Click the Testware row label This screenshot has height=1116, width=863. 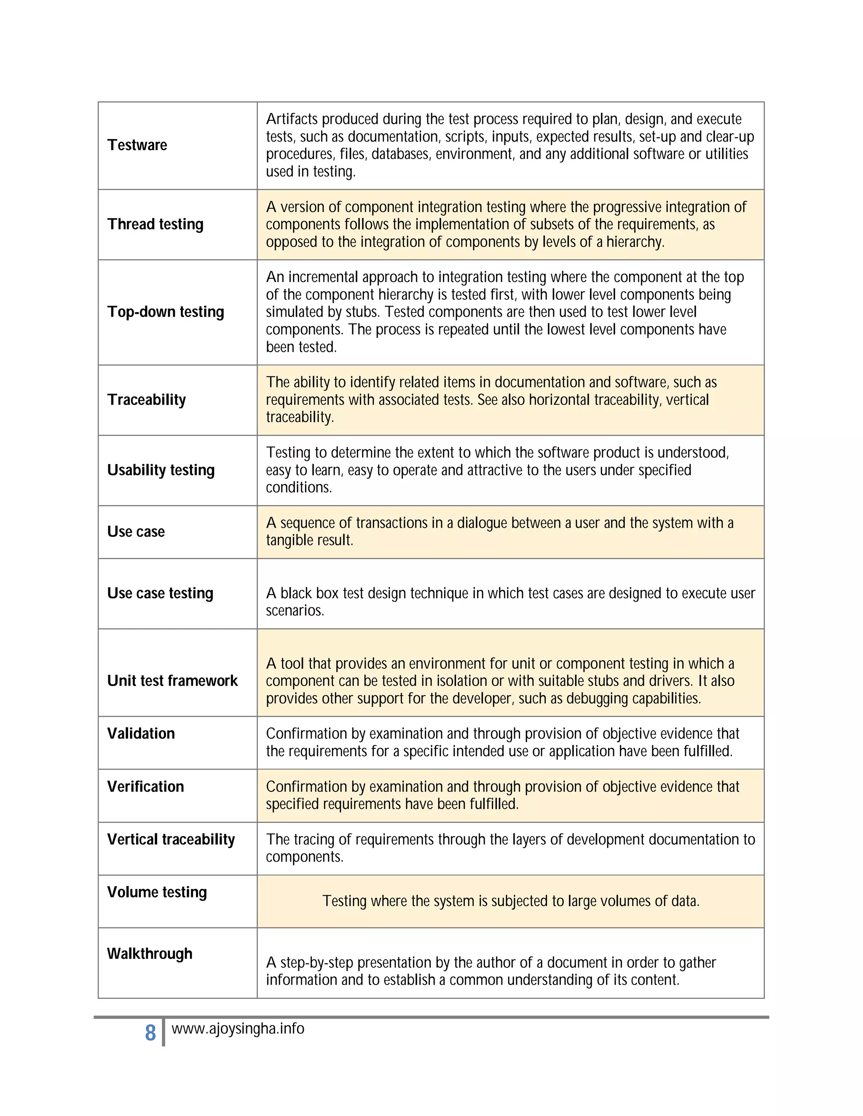coord(137,145)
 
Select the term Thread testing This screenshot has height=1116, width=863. coord(155,224)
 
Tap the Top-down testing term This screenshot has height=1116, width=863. coord(166,312)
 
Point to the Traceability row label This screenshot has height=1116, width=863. coord(146,400)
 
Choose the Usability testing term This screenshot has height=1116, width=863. coord(161,470)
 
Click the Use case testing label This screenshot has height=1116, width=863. coord(160,593)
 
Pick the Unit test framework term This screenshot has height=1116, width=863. coord(172,681)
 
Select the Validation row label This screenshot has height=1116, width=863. coord(141,734)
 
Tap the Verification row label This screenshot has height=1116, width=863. coord(145,786)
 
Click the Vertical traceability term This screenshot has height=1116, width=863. coord(171,840)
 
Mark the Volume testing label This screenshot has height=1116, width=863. coord(157,892)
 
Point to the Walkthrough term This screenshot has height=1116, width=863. coord(149,953)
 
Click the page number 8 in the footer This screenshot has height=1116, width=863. coord(150,1033)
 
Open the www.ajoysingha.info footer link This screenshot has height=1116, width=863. coord(238,1029)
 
